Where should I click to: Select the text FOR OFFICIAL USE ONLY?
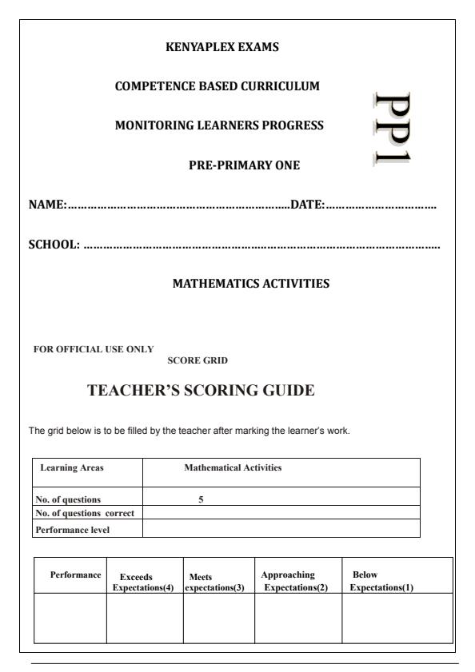coord(93,348)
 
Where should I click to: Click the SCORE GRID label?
coord(198,360)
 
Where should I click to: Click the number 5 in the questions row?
coord(202,499)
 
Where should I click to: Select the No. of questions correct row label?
coord(85,512)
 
